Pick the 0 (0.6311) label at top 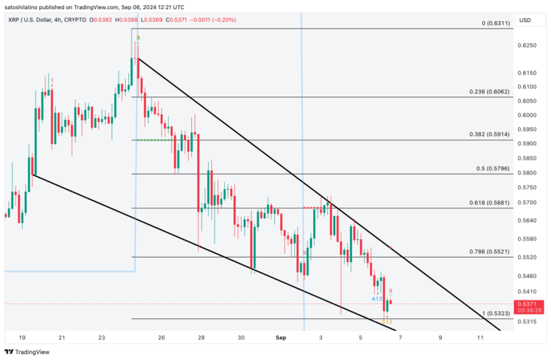(496, 23)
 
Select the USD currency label (524, 20)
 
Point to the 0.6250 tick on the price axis (528, 45)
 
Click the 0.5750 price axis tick (528, 187)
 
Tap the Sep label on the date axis (281, 338)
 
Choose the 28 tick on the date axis (202, 338)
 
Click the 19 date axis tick (22, 338)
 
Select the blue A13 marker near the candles (377, 299)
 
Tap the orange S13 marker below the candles (387, 322)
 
